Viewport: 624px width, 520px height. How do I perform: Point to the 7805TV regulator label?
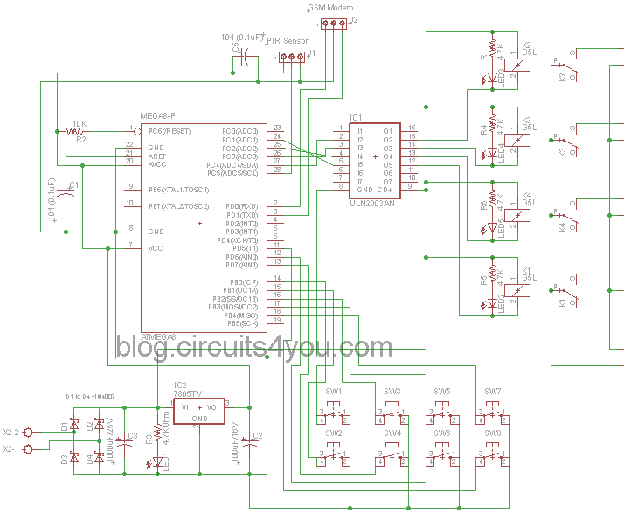189,393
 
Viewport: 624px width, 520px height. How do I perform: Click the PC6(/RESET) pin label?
170,131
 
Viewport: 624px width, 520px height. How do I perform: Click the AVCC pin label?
157,163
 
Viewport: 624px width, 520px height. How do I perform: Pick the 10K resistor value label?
80,123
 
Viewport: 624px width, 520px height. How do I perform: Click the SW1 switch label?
334,391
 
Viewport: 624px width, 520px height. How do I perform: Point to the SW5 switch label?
442,391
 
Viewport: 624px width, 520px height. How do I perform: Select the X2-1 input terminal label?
10,449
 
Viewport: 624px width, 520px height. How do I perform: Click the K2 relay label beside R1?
526,45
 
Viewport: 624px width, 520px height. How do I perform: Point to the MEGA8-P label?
158,114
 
